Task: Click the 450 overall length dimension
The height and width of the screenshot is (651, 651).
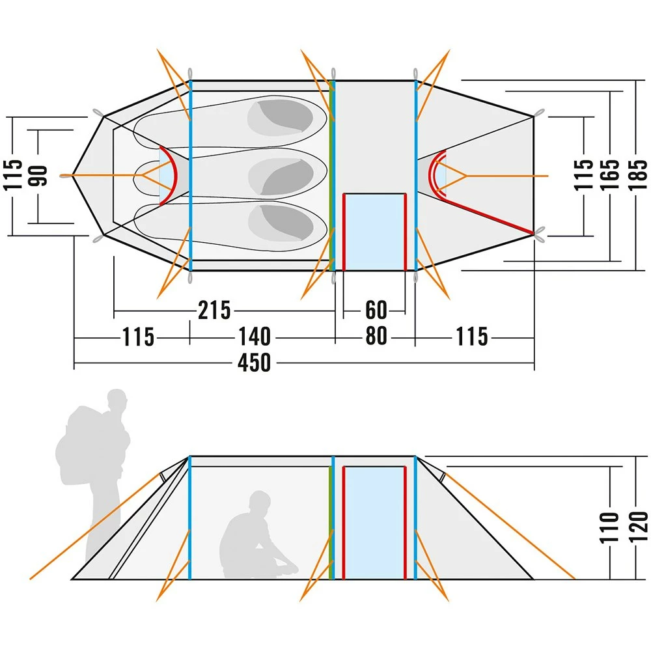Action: [254, 363]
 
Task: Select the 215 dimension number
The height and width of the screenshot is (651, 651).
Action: [214, 311]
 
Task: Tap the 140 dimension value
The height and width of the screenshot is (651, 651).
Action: [253, 337]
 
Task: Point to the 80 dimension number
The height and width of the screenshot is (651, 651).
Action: [376, 337]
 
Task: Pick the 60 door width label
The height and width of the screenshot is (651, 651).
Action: [376, 310]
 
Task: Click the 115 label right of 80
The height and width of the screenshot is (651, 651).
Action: [472, 337]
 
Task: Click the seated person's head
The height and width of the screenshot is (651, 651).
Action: [258, 502]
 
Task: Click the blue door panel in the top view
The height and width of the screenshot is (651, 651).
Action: [374, 231]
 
